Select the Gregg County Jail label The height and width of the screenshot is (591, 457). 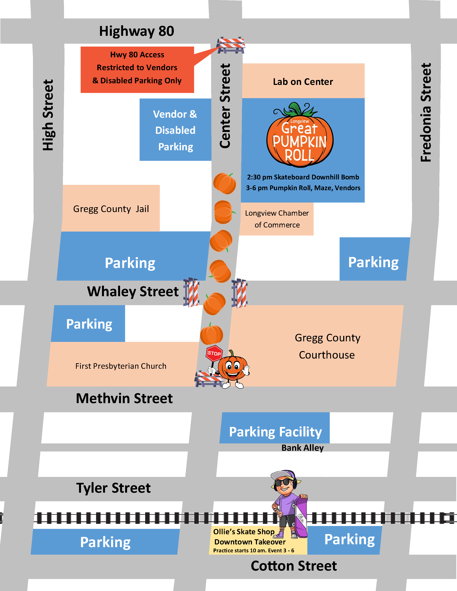111,209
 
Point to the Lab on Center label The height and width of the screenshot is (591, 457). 303,82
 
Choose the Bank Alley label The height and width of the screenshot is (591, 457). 302,448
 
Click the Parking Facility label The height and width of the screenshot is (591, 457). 275,432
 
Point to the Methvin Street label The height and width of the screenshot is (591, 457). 124,398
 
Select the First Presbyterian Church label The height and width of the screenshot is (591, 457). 121,366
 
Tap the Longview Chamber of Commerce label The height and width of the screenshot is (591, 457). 277,219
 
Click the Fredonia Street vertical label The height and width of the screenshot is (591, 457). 426,113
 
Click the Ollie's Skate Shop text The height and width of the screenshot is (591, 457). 244,532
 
